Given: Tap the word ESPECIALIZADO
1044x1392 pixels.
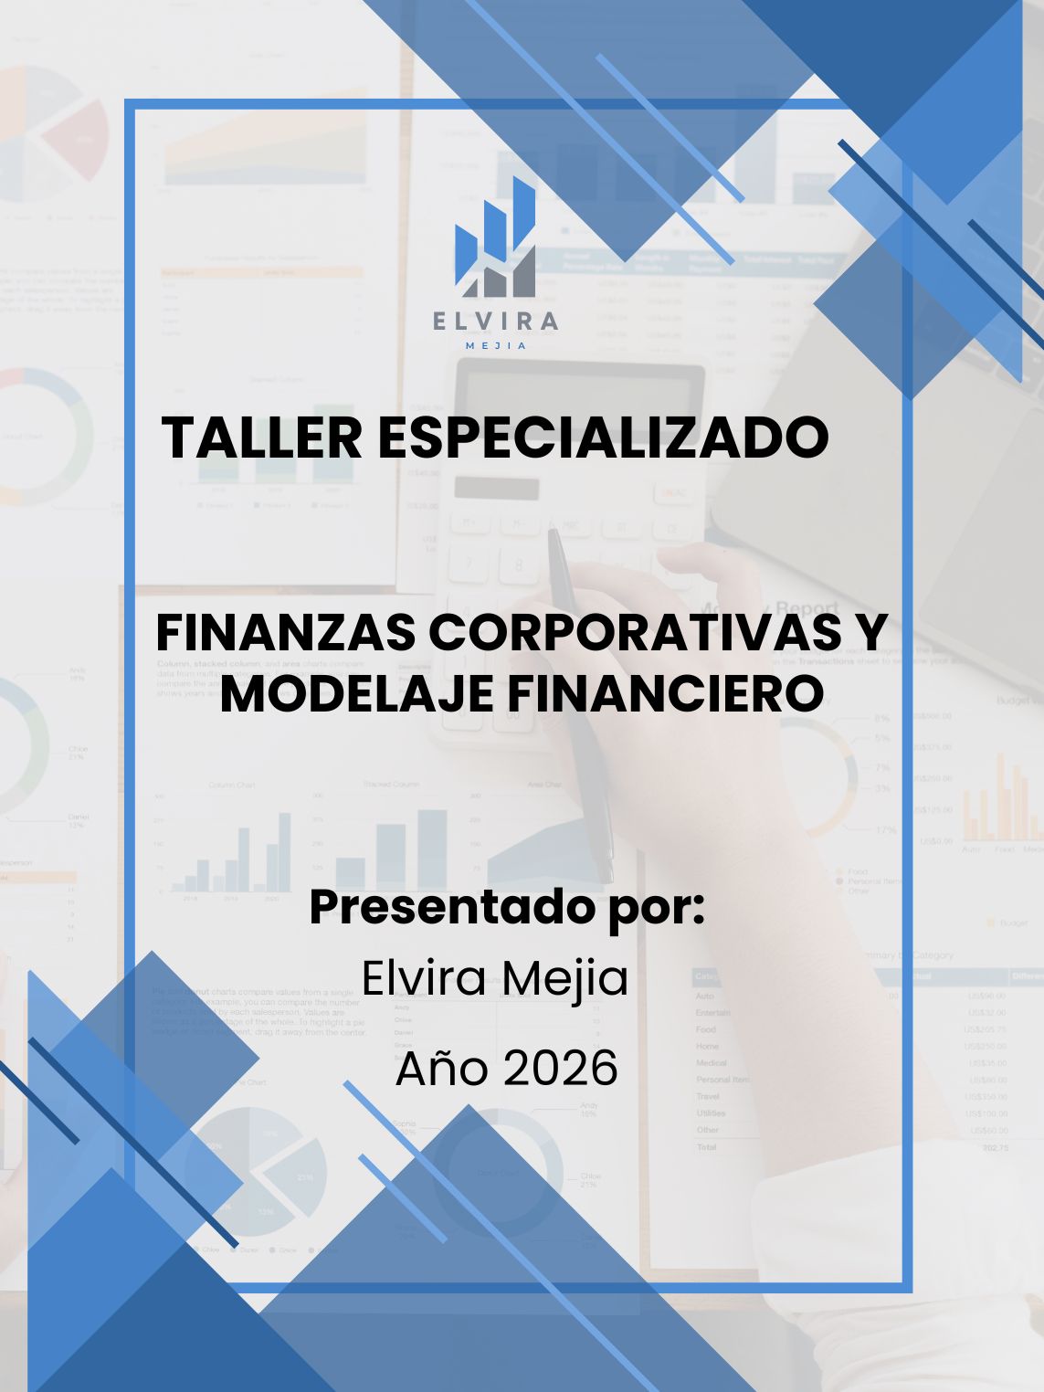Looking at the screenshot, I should click(x=603, y=438).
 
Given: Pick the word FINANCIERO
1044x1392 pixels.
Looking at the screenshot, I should click(x=665, y=694).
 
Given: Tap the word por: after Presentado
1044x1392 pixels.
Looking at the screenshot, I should click(x=658, y=909).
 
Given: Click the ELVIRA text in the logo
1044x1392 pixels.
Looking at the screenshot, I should click(x=496, y=321).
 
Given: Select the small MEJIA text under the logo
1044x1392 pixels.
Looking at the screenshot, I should click(x=496, y=346).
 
